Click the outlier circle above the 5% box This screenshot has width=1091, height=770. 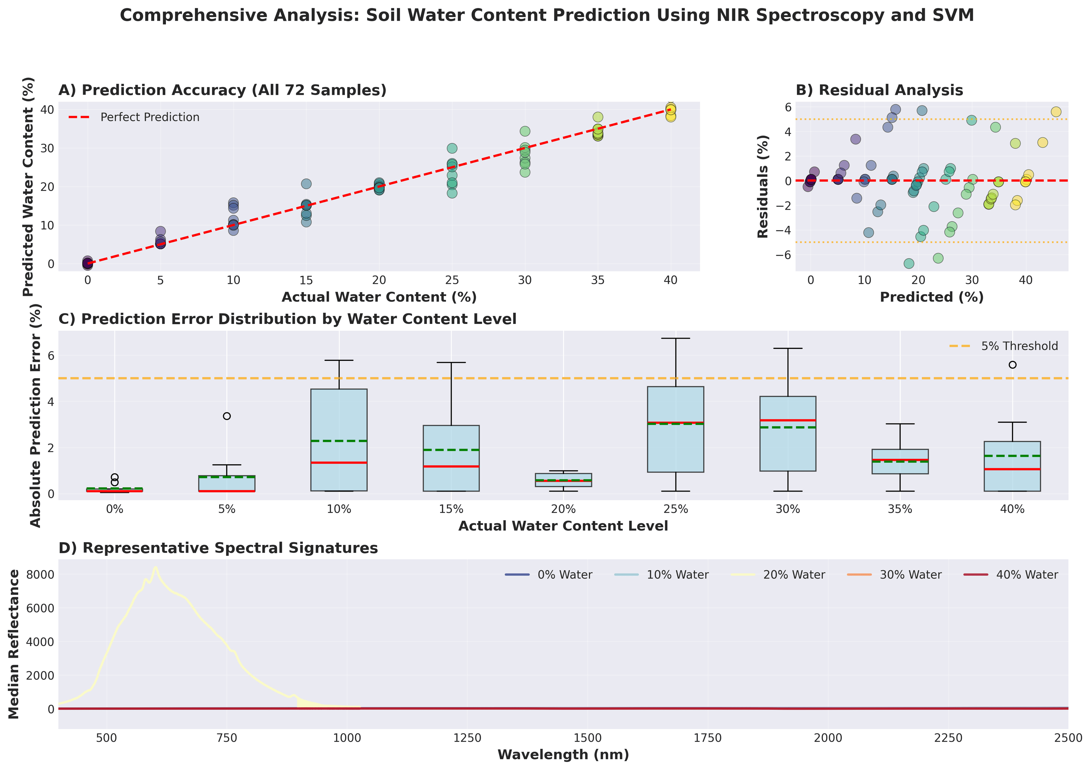pos(227,416)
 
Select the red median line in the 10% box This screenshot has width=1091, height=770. pos(339,463)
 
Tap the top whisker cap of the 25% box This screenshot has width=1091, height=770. pos(675,338)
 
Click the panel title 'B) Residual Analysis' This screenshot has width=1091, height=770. pos(879,90)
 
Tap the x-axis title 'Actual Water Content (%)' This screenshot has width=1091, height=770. pos(379,297)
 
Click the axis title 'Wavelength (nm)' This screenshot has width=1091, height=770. pos(563,755)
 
